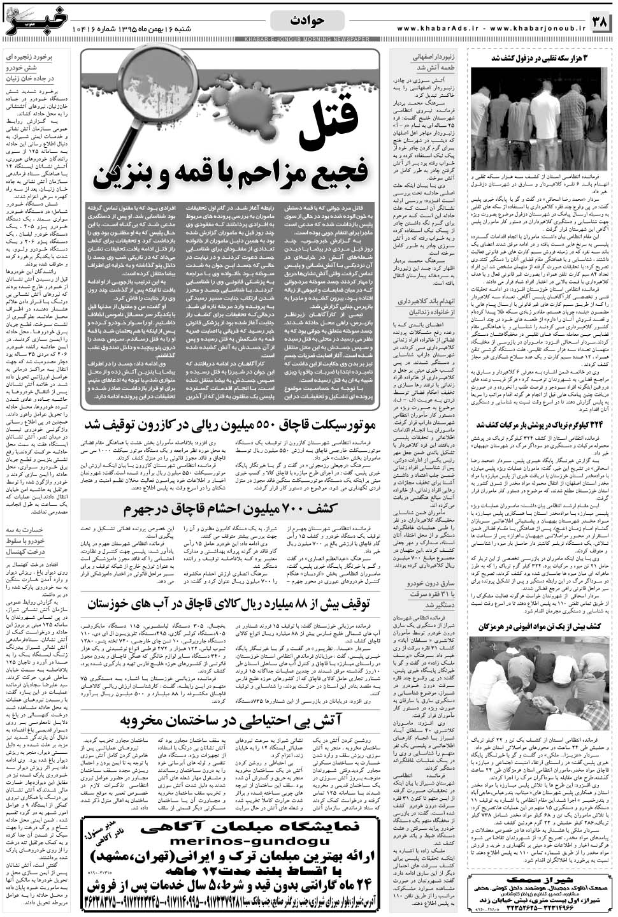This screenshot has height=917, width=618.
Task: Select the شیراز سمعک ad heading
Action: [540, 881]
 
